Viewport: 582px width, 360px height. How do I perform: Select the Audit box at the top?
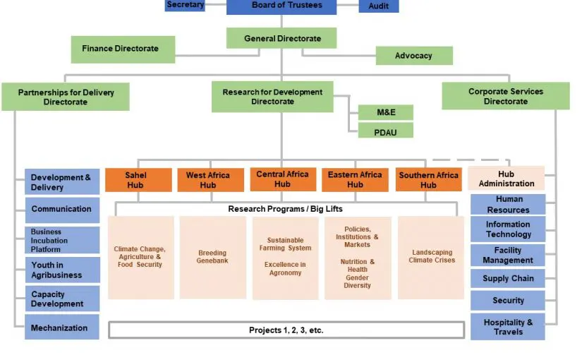pos(379,6)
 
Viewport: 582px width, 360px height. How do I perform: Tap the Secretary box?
pos(186,5)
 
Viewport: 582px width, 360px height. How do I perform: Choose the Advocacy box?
pos(413,56)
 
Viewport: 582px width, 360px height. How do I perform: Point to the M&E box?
pos(384,112)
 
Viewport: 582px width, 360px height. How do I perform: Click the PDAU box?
pos(384,131)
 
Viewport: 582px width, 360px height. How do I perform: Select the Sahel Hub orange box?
pos(138,180)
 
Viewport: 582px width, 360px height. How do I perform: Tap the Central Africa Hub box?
pos(282,179)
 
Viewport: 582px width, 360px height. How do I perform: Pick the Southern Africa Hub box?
pos(428,180)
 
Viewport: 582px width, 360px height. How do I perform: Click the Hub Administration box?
pos(506,179)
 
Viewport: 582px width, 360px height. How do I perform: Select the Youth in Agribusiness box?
pos(62,270)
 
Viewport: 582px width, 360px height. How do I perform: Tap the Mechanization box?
pos(62,328)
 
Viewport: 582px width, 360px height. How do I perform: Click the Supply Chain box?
pos(508,278)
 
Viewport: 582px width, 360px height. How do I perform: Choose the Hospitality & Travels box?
pos(508,328)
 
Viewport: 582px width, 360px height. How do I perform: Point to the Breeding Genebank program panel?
pos(212,257)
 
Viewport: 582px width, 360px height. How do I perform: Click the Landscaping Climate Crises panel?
pos(431,257)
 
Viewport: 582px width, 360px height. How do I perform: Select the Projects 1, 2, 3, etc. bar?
pos(286,330)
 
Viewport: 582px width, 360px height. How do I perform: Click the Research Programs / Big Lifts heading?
pos(285,209)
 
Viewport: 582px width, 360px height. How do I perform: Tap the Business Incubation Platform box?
pos(62,240)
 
